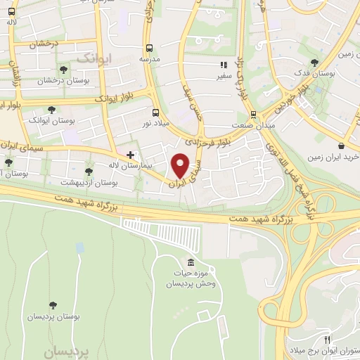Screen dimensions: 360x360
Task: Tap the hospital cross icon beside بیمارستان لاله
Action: pyautogui.click(x=130, y=154)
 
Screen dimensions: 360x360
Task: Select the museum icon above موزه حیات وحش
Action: pyautogui.click(x=172, y=262)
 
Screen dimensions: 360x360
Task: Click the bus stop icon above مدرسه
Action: pyautogui.click(x=149, y=48)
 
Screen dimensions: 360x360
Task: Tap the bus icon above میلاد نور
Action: pyautogui.click(x=156, y=112)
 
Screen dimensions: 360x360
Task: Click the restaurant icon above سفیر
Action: pyautogui.click(x=224, y=65)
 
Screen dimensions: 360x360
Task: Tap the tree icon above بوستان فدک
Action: pyautogui.click(x=324, y=61)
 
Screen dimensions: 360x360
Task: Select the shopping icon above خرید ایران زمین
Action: pyautogui.click(x=340, y=146)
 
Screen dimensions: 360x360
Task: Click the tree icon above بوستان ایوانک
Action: pyautogui.click(x=51, y=109)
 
